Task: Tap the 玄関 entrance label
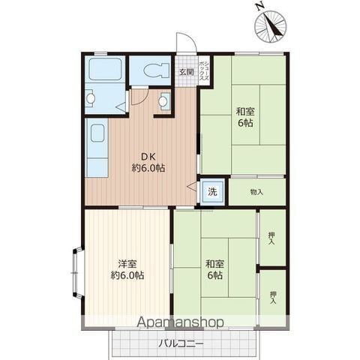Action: pyautogui.click(x=187, y=72)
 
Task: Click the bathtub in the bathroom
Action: pyautogui.click(x=105, y=69)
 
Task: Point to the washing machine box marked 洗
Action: pyautogui.click(x=213, y=192)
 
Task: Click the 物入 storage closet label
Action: pyautogui.click(x=256, y=192)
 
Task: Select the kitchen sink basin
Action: pyautogui.click(x=97, y=133)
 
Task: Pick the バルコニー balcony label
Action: pyautogui.click(x=181, y=344)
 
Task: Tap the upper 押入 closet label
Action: pyautogui.click(x=271, y=238)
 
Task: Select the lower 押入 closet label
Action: pyautogui.click(x=273, y=298)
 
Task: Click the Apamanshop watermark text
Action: pyautogui.click(x=180, y=322)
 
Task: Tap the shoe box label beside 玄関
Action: pyautogui.click(x=204, y=71)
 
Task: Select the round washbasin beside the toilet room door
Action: pyautogui.click(x=163, y=101)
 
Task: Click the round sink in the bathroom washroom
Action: pyautogui.click(x=90, y=98)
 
